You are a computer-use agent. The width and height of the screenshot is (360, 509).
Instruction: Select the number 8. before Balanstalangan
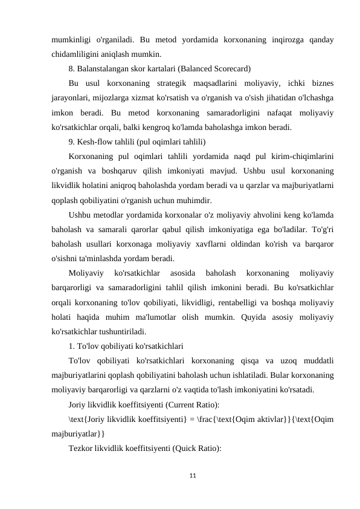[x=72, y=67]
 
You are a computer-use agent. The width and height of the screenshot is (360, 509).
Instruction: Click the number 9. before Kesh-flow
[x=72, y=143]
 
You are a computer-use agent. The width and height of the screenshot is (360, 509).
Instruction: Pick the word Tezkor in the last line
[x=82, y=448]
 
